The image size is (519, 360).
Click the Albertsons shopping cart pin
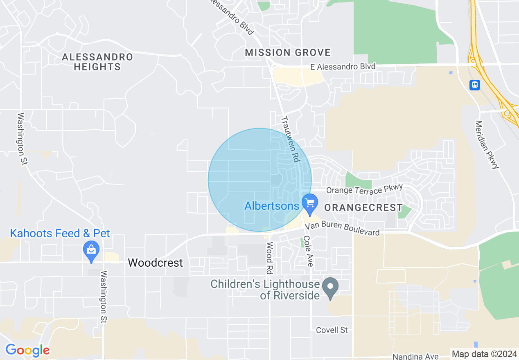pyautogui.click(x=310, y=203)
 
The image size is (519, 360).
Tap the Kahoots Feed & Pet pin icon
pyautogui.click(x=91, y=250)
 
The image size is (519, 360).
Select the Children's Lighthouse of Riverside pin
pyautogui.click(x=330, y=288)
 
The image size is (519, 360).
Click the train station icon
pyautogui.click(x=474, y=85)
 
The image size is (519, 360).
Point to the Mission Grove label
pyautogui.click(x=288, y=52)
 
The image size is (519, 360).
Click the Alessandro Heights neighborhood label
pyautogui.click(x=97, y=62)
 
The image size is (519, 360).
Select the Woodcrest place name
pyautogui.click(x=155, y=263)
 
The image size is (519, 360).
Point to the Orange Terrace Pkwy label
pyautogui.click(x=365, y=189)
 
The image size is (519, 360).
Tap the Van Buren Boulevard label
pyautogui.click(x=348, y=228)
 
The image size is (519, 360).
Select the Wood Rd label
pyautogui.click(x=269, y=258)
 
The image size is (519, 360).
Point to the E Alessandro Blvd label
pyautogui.click(x=342, y=67)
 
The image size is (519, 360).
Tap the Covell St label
pyautogui.click(x=332, y=330)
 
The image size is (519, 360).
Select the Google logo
pyautogui.click(x=27, y=350)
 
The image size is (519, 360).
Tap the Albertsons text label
pyautogui.click(x=272, y=206)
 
